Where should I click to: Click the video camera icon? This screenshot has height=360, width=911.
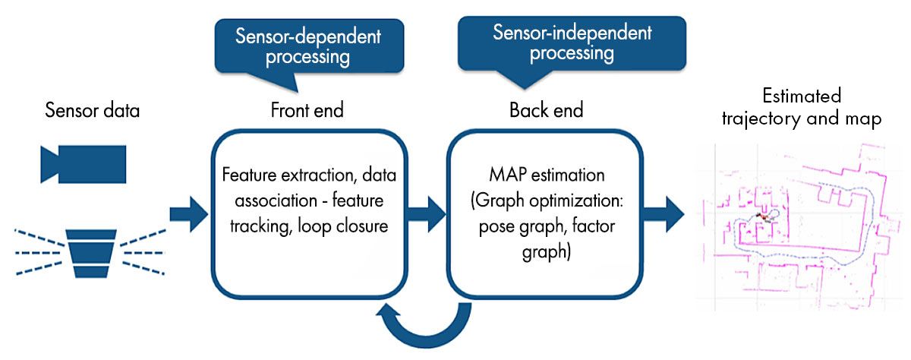pyautogui.click(x=83, y=162)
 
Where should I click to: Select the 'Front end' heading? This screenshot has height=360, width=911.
pyautogui.click(x=307, y=111)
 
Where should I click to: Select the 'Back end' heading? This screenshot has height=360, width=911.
pyautogui.click(x=546, y=111)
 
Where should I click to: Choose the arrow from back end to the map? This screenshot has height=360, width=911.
pyautogui.click(x=666, y=213)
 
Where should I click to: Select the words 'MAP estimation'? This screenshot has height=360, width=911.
pyautogui.click(x=547, y=175)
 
